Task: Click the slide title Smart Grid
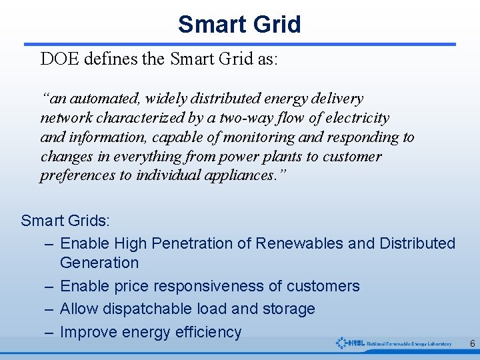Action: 239,25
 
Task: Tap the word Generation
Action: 99,263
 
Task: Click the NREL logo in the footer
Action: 393,343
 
